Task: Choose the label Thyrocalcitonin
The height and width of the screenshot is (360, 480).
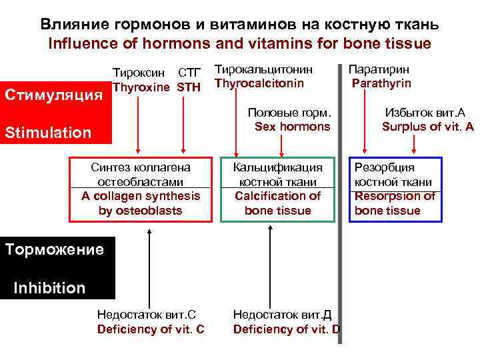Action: point(259,83)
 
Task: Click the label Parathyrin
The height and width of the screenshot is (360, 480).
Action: point(381,83)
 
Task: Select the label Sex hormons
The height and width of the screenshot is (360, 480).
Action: point(292,126)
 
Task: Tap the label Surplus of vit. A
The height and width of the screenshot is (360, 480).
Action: point(427,126)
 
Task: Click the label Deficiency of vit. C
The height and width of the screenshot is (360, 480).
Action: point(151,329)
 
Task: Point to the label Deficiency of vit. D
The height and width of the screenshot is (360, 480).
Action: point(286,329)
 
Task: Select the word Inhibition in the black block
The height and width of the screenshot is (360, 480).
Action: point(49,288)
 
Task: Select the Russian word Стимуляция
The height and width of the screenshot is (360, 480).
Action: point(53,93)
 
